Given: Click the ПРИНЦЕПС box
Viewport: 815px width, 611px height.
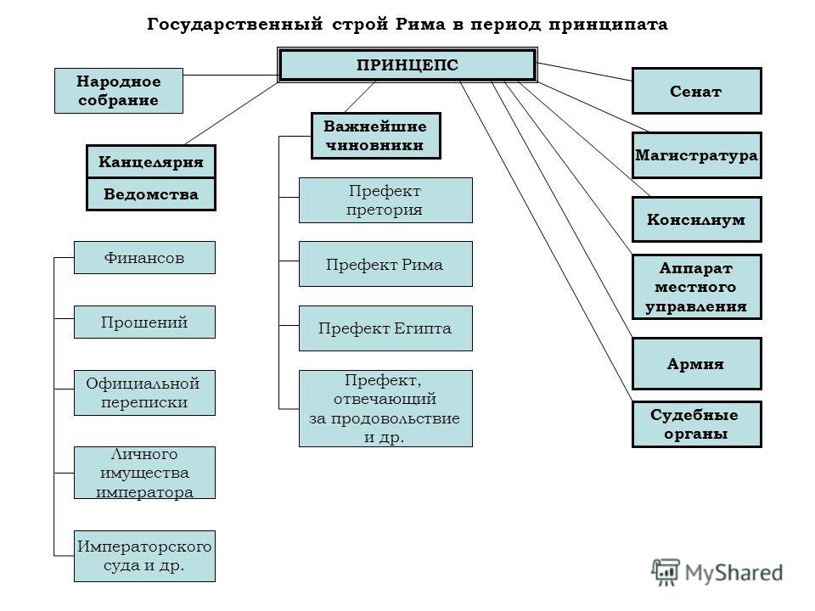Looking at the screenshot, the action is (x=407, y=65).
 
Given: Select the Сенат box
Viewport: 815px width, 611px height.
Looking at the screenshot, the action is (x=696, y=91).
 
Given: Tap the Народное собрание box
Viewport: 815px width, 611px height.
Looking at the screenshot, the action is (x=119, y=91).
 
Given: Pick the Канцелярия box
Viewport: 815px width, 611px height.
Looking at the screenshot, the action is (x=151, y=161).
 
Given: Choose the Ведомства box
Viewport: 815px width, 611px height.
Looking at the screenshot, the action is (x=151, y=194).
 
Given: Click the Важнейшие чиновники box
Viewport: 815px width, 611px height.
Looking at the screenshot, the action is (x=376, y=136).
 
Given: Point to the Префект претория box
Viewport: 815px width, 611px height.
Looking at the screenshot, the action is (x=385, y=200).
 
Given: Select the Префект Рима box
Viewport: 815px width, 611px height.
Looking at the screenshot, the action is (x=385, y=264).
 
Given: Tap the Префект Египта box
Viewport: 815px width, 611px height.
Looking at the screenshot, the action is (x=385, y=328).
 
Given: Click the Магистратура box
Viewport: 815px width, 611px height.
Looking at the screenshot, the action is (x=696, y=155).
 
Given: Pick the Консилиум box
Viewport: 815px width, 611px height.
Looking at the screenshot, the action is (x=696, y=219).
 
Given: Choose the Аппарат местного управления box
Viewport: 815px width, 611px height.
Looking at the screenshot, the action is (x=696, y=287).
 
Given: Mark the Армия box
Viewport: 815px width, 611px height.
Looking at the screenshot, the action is (x=696, y=364).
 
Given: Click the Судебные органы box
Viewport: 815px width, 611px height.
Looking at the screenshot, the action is (x=696, y=424).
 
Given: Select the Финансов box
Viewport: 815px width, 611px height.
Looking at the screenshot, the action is (x=144, y=257).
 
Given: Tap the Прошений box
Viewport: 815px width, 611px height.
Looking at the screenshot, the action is (x=144, y=322).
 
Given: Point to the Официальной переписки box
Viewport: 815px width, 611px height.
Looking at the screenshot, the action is (x=144, y=393).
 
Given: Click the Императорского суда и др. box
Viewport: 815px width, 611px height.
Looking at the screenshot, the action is (x=144, y=556).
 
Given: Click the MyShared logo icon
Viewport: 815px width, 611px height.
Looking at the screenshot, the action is (x=666, y=572).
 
